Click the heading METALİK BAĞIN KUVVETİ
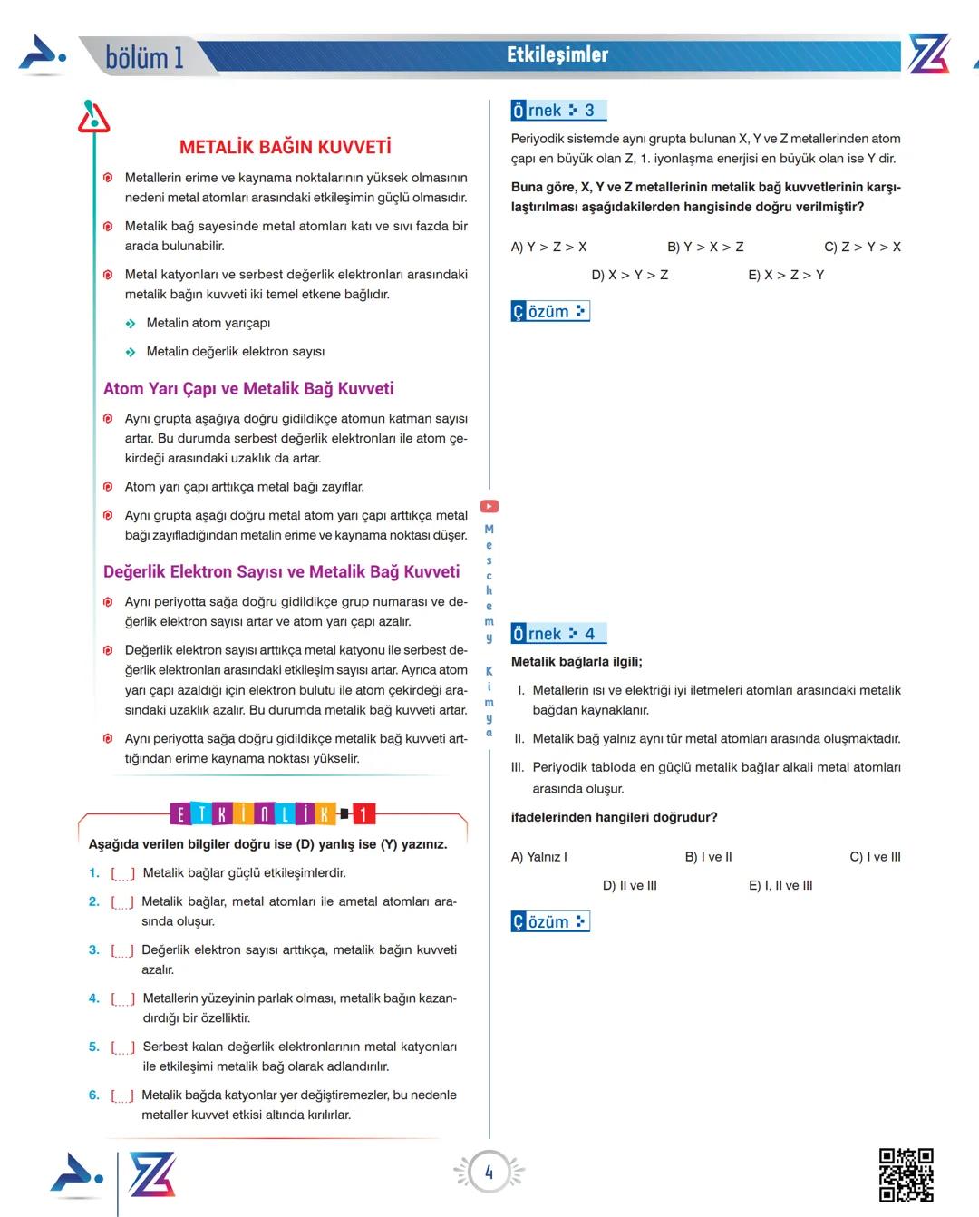pos(285,147)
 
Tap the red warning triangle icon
pos(93,118)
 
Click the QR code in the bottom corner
pos(906,1174)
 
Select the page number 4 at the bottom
pos(489,1173)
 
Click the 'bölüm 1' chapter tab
pos(144,58)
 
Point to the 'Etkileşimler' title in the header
pos(557,55)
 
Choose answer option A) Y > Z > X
pos(548,247)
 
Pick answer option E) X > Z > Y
pos(785,275)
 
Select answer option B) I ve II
pos(708,857)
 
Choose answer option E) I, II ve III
pos(780,885)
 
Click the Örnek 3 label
pos(557,111)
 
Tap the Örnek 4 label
pos(557,634)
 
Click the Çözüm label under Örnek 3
pos(549,312)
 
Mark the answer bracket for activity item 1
pos(122,873)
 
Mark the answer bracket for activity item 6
pos(122,1095)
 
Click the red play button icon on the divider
pos(489,507)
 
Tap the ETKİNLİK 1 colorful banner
pos(272,814)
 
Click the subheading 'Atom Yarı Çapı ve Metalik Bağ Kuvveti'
pos(248,388)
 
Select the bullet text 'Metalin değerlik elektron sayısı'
pos(235,352)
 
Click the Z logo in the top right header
pos(928,54)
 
